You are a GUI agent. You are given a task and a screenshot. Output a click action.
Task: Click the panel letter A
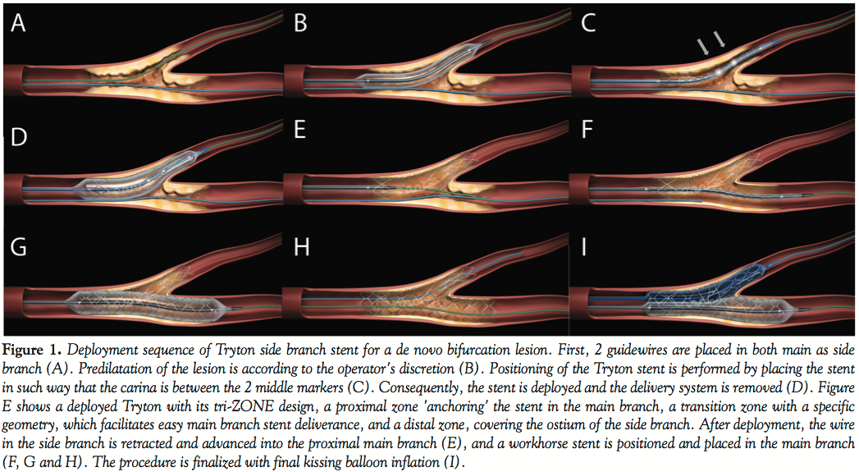(19, 25)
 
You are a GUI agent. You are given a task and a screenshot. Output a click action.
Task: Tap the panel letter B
(301, 25)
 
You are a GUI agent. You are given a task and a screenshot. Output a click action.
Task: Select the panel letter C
(588, 25)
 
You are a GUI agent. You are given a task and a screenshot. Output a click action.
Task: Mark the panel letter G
(20, 247)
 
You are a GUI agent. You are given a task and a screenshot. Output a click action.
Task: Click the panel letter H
(301, 247)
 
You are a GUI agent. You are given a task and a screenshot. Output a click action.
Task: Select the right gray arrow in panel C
(720, 39)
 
